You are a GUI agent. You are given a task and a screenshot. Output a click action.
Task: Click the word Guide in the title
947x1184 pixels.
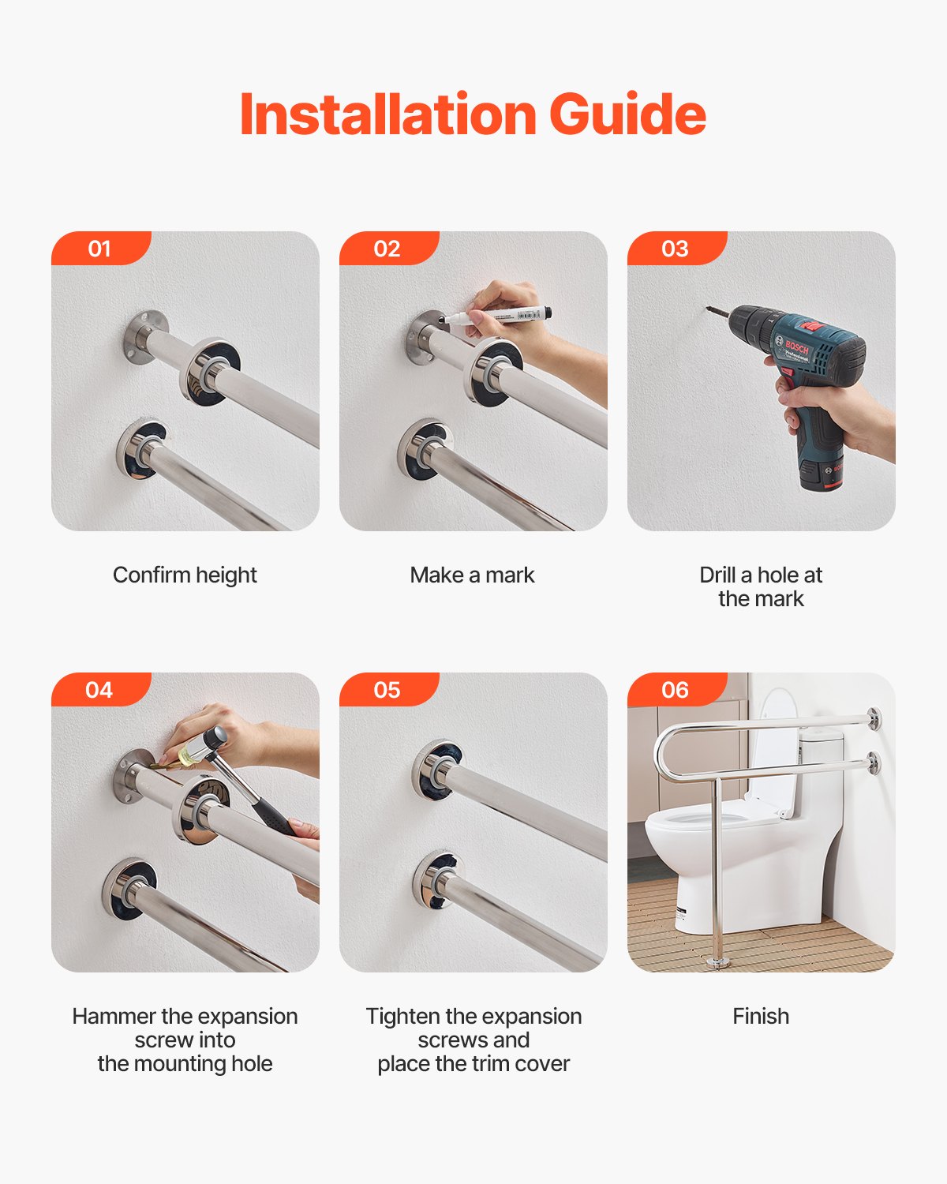click(627, 115)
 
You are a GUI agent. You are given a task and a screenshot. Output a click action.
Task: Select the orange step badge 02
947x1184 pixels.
click(387, 249)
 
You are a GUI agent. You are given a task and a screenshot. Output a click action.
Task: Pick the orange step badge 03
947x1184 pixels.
click(676, 249)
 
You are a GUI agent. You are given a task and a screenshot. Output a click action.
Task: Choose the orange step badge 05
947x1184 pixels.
click(387, 690)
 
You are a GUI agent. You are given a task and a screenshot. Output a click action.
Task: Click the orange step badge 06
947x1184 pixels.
click(676, 690)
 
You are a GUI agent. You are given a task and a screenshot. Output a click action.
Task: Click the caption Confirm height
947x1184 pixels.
click(185, 575)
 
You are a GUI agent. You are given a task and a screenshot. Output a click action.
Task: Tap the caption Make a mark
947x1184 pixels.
click(472, 575)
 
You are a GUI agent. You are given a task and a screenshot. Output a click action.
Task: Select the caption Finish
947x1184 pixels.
click(761, 1017)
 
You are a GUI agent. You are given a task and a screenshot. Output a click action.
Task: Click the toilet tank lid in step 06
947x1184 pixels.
click(821, 734)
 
